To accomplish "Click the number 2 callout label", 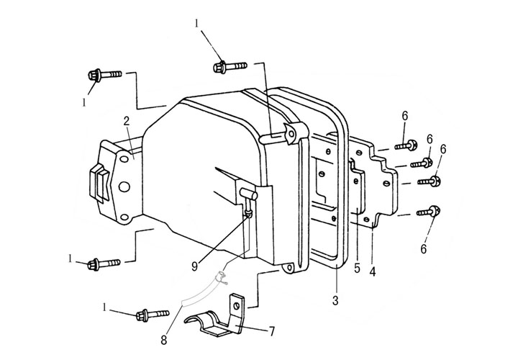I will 126,121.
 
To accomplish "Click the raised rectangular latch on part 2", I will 98,183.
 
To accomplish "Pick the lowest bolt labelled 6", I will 432,211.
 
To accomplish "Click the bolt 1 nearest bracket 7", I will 149,314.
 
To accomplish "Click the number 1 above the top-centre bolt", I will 197,24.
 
